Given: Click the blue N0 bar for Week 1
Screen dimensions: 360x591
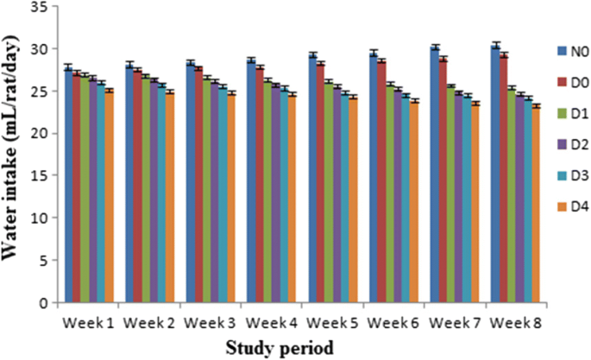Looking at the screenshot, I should (67, 185).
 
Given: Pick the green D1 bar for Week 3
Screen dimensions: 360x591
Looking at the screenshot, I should (206, 190).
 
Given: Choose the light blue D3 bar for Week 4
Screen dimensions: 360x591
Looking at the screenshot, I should (284, 195).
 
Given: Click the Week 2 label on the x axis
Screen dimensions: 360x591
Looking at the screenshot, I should (148, 322).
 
